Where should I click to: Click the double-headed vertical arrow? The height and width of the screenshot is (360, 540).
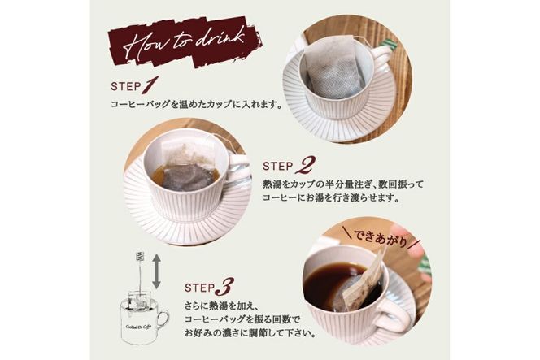coord(156,271)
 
